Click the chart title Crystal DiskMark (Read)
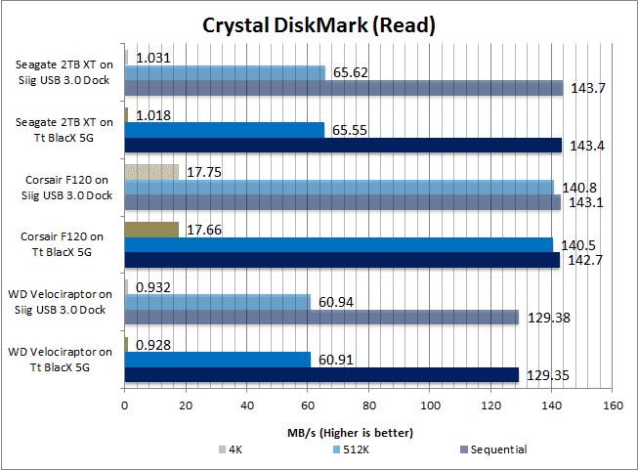[x=319, y=23]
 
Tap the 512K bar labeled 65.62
[x=225, y=72]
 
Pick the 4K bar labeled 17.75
[x=151, y=171]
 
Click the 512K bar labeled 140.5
[x=338, y=244]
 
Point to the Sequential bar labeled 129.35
[x=321, y=374]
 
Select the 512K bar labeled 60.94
[x=218, y=301]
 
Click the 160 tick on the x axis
[x=613, y=405]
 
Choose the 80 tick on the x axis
[x=368, y=405]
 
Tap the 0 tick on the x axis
[x=125, y=405]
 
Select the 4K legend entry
[x=233, y=449]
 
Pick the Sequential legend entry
[x=493, y=449]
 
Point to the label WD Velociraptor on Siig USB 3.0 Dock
[x=61, y=301]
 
